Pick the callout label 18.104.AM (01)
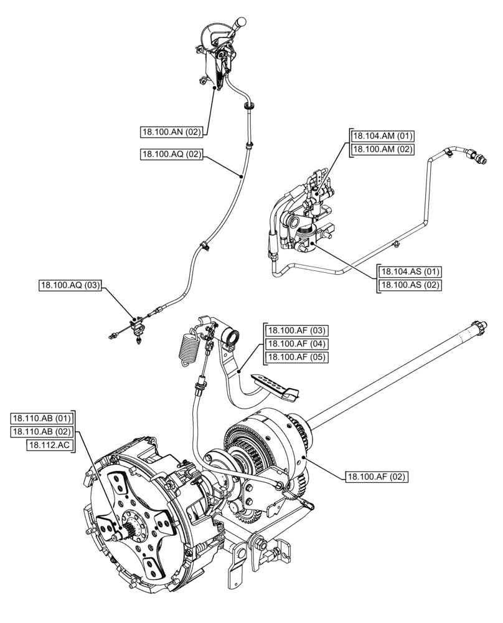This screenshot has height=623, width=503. [383, 136]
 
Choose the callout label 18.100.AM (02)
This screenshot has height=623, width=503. [383, 149]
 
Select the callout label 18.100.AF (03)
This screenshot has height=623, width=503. [297, 330]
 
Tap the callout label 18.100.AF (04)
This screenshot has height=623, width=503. [297, 343]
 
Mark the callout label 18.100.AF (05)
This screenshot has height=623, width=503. [297, 357]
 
